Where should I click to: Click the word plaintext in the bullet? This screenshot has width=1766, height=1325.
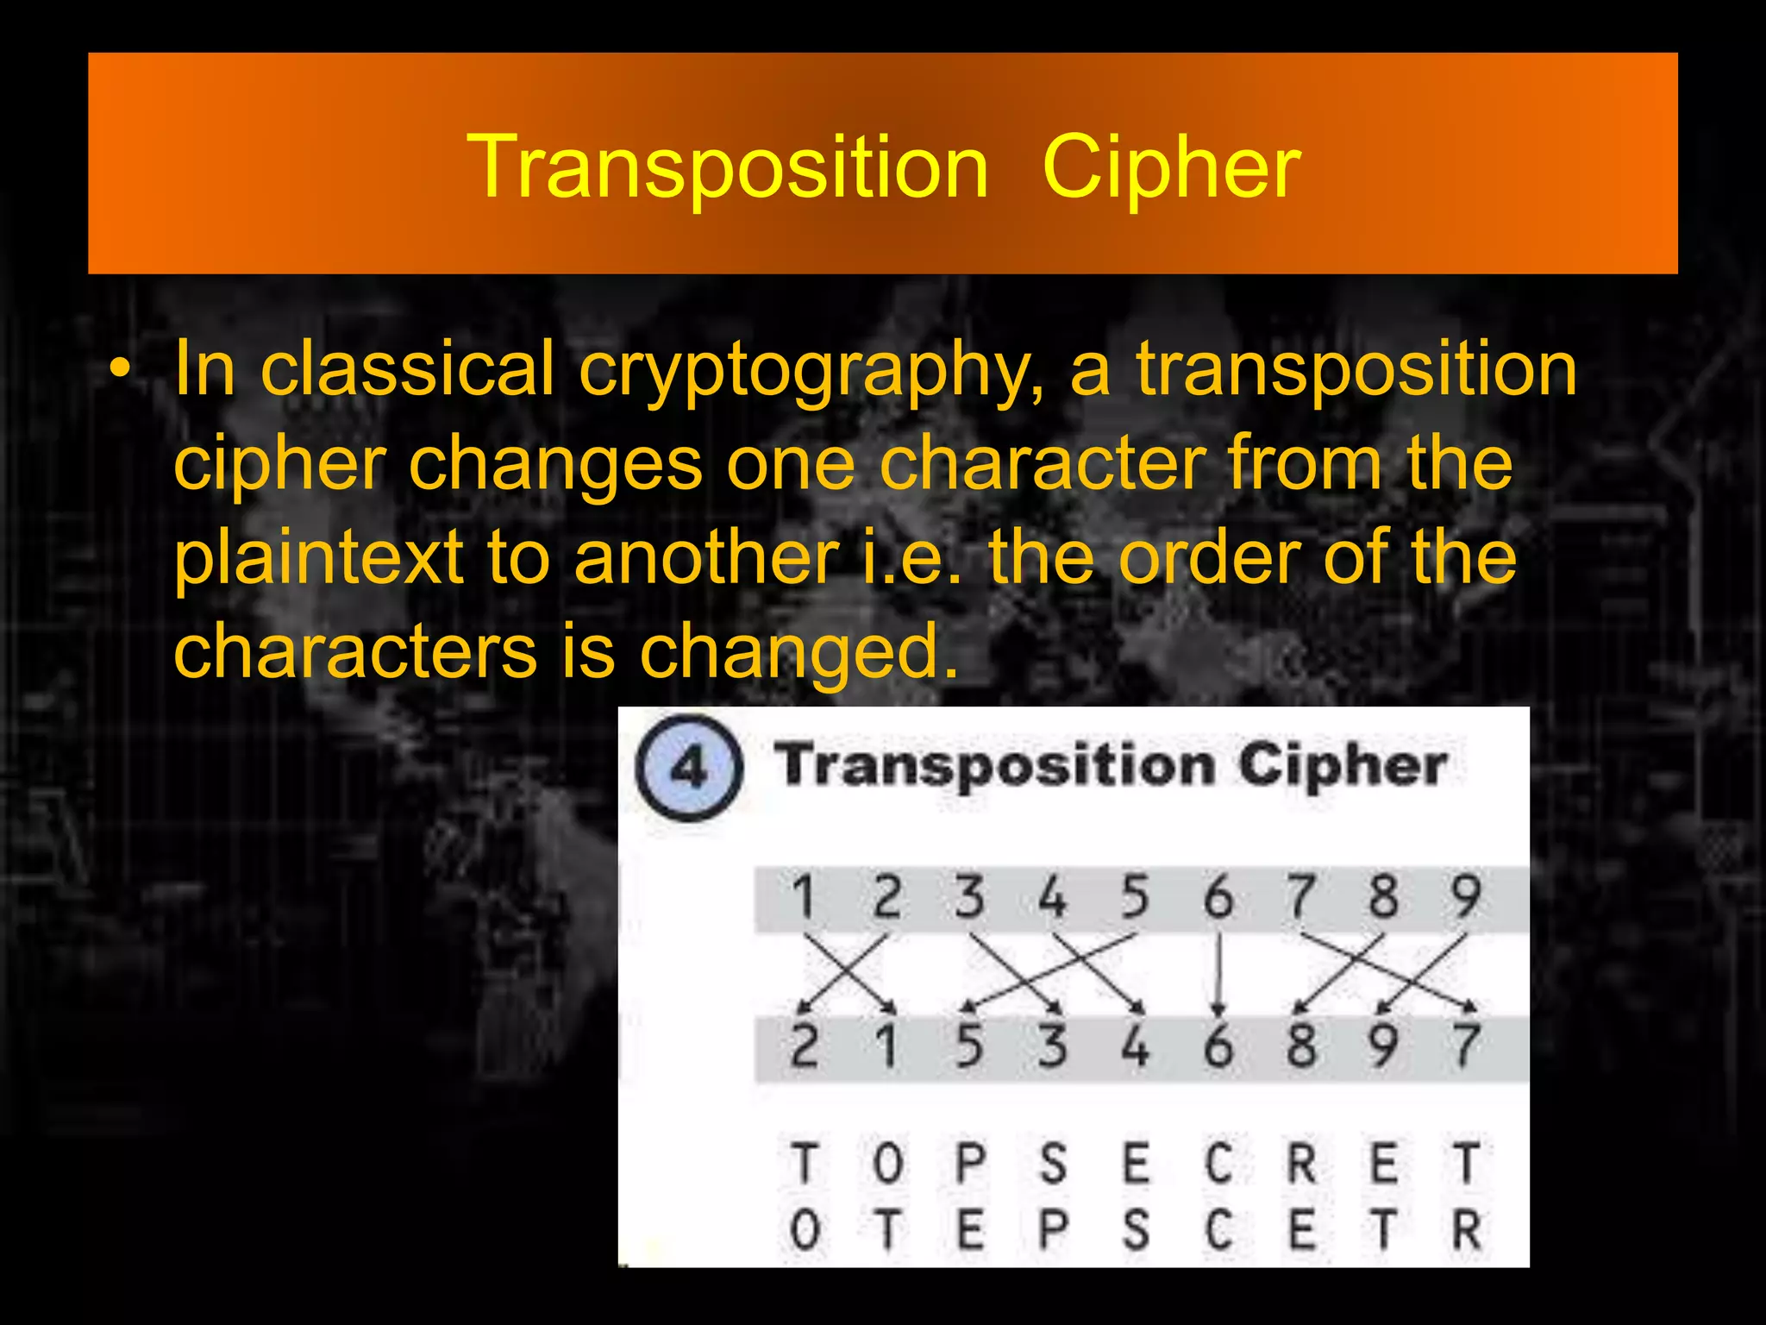pos(318,558)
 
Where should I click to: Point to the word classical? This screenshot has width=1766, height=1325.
pos(407,369)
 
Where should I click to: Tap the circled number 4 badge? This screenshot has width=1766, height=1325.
pos(688,767)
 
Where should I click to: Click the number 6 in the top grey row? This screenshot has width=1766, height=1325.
pos(1218,897)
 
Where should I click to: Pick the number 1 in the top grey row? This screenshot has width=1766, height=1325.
pos(804,897)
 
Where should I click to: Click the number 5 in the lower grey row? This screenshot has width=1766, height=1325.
pos(969,1046)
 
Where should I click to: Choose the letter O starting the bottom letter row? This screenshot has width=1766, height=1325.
pos(804,1229)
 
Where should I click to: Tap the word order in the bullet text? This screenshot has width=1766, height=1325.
pos(1209,558)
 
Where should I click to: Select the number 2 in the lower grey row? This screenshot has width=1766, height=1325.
pos(804,1046)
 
